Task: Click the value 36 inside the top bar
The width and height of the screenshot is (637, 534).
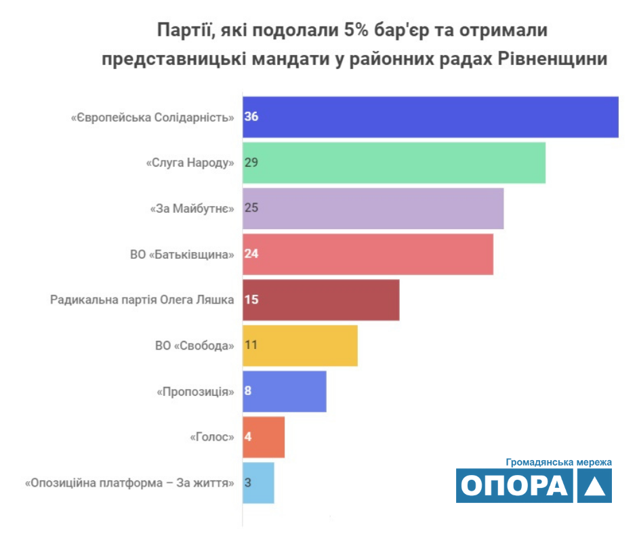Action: point(251,117)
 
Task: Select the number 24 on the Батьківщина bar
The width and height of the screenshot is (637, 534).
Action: point(251,254)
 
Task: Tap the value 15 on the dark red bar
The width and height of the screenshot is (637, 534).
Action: point(251,300)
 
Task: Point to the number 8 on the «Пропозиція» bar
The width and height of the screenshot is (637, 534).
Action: point(248,391)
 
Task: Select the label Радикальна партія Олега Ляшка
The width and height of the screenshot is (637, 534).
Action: point(142,300)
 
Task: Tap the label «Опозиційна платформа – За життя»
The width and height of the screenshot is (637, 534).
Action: point(129,483)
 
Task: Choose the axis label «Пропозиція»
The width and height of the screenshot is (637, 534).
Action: point(196,392)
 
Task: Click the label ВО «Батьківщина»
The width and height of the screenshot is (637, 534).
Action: point(182,254)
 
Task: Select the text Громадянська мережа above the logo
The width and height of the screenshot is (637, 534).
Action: point(559,462)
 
